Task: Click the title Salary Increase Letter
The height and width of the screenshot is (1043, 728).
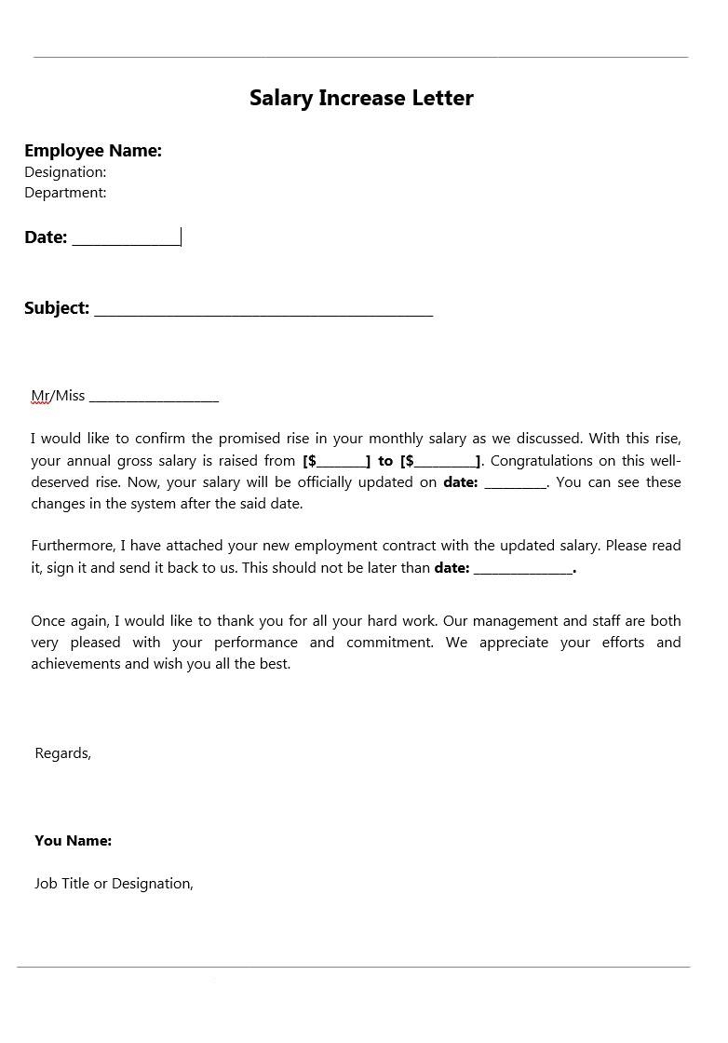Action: (361, 98)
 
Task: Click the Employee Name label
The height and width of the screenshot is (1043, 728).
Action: (93, 151)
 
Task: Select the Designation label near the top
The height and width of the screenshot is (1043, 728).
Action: (65, 172)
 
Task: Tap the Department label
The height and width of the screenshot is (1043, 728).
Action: (65, 193)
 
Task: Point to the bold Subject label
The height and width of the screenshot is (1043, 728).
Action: (57, 308)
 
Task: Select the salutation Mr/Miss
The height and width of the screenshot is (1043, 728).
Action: (58, 396)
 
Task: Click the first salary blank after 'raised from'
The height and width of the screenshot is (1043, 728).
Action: (342, 462)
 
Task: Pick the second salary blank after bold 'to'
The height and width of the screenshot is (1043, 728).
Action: (445, 462)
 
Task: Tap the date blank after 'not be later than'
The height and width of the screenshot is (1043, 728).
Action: (522, 569)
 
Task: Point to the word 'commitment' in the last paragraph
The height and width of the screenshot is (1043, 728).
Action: (390, 643)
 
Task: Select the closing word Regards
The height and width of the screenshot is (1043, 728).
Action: (62, 753)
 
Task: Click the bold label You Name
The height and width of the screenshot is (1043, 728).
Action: (73, 841)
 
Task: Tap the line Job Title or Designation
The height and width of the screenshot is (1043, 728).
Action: (114, 884)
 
